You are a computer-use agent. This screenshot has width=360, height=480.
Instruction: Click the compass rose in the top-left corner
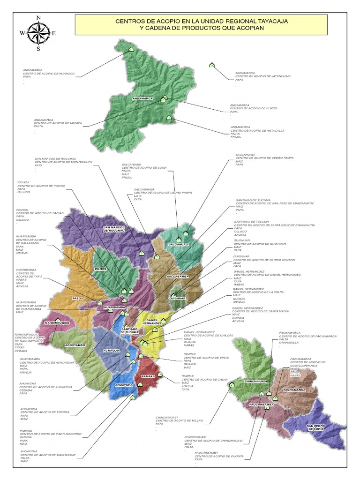pyautogui.click(x=38, y=32)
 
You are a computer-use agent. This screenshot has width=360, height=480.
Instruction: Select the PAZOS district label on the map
pyautogui.click(x=78, y=298)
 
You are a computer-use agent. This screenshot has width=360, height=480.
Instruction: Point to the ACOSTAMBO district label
pyautogui.click(x=75, y=345)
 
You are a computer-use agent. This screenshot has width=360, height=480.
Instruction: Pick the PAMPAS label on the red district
pyautogui.click(x=148, y=376)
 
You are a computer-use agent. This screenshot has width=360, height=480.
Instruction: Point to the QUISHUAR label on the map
pyautogui.click(x=178, y=298)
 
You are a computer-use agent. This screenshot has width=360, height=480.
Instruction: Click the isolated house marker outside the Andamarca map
pyautogui.click(x=212, y=65)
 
